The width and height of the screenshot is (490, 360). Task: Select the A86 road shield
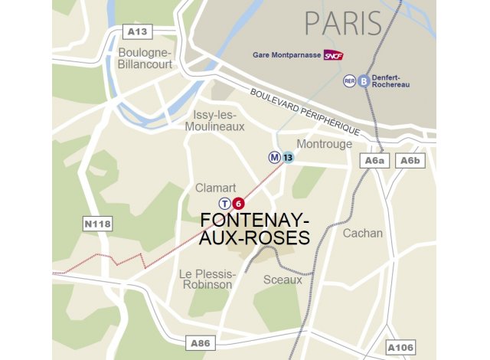click(x=199, y=342)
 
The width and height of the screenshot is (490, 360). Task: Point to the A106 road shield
click(x=401, y=347)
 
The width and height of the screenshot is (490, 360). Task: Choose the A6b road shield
click(x=410, y=160)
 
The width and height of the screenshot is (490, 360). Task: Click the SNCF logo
click(x=333, y=55)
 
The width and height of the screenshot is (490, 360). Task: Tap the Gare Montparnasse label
click(x=286, y=55)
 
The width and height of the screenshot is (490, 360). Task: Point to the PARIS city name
click(x=343, y=24)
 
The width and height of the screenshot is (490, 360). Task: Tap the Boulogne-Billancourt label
click(x=146, y=58)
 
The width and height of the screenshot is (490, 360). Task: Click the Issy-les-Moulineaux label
click(x=218, y=120)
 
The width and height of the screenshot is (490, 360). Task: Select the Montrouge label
click(x=324, y=144)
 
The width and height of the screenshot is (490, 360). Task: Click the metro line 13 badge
click(x=288, y=158)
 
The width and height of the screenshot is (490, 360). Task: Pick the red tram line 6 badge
click(x=238, y=204)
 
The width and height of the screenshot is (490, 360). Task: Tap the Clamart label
click(x=215, y=188)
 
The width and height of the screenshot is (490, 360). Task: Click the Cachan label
click(x=362, y=233)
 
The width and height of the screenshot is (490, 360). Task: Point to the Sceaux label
click(x=283, y=280)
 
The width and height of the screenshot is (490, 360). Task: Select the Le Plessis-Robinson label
click(x=205, y=279)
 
